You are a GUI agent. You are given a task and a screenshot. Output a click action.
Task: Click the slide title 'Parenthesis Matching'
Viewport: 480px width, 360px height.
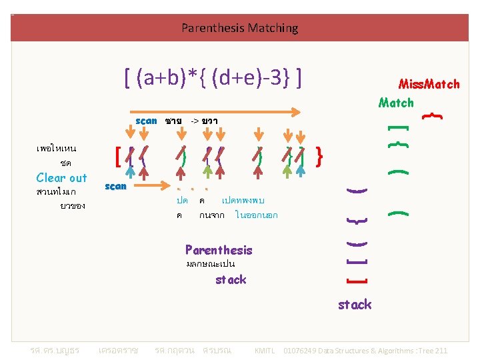240,28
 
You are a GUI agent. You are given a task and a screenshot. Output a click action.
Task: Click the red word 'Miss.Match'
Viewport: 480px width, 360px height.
429,84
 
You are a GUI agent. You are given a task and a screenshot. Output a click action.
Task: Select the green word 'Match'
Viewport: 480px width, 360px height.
396,103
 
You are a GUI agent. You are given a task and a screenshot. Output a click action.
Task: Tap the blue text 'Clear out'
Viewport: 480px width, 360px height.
61,177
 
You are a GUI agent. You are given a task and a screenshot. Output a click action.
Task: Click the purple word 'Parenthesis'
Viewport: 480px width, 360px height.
219,250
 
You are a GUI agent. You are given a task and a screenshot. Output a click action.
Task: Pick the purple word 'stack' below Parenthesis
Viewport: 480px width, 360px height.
231,279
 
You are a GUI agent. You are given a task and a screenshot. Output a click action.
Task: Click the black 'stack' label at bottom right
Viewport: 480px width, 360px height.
355,305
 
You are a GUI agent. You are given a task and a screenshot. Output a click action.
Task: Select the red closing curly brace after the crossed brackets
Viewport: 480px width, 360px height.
320,157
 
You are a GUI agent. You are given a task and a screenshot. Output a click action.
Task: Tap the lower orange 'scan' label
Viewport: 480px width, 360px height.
116,186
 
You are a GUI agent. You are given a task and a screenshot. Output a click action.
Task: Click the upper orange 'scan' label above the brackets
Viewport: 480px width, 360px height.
146,121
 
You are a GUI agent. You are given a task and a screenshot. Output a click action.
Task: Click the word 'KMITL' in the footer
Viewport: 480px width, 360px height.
266,351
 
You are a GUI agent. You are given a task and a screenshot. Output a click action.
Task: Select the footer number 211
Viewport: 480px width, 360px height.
440,351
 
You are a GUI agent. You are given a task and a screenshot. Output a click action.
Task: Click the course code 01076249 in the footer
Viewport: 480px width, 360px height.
302,351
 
